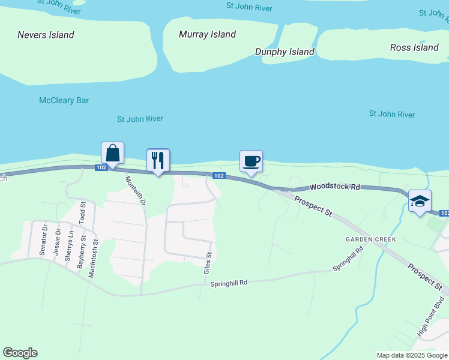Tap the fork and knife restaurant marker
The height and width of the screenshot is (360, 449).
[x=158, y=160]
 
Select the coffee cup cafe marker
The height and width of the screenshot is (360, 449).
[x=251, y=161]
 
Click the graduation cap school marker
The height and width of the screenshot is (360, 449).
[x=419, y=200]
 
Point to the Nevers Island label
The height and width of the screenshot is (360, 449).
[x=46, y=35]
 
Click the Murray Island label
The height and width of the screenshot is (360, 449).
[x=207, y=34]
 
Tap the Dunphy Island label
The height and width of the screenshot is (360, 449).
[x=285, y=52]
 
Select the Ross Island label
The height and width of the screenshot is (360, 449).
[x=414, y=47]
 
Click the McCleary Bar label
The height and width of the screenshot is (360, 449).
[x=64, y=100]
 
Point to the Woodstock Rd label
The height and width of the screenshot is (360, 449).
[x=334, y=187]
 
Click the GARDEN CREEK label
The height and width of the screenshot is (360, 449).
[x=370, y=239]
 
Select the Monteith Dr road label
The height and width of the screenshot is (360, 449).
[x=135, y=191]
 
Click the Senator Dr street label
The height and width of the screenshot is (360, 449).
[x=43, y=241]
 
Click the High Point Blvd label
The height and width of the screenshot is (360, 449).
[x=431, y=316]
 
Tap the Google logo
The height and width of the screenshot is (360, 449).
[x=20, y=353]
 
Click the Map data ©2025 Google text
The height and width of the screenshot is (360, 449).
[x=412, y=355]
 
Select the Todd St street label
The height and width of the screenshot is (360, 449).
[x=83, y=214]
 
